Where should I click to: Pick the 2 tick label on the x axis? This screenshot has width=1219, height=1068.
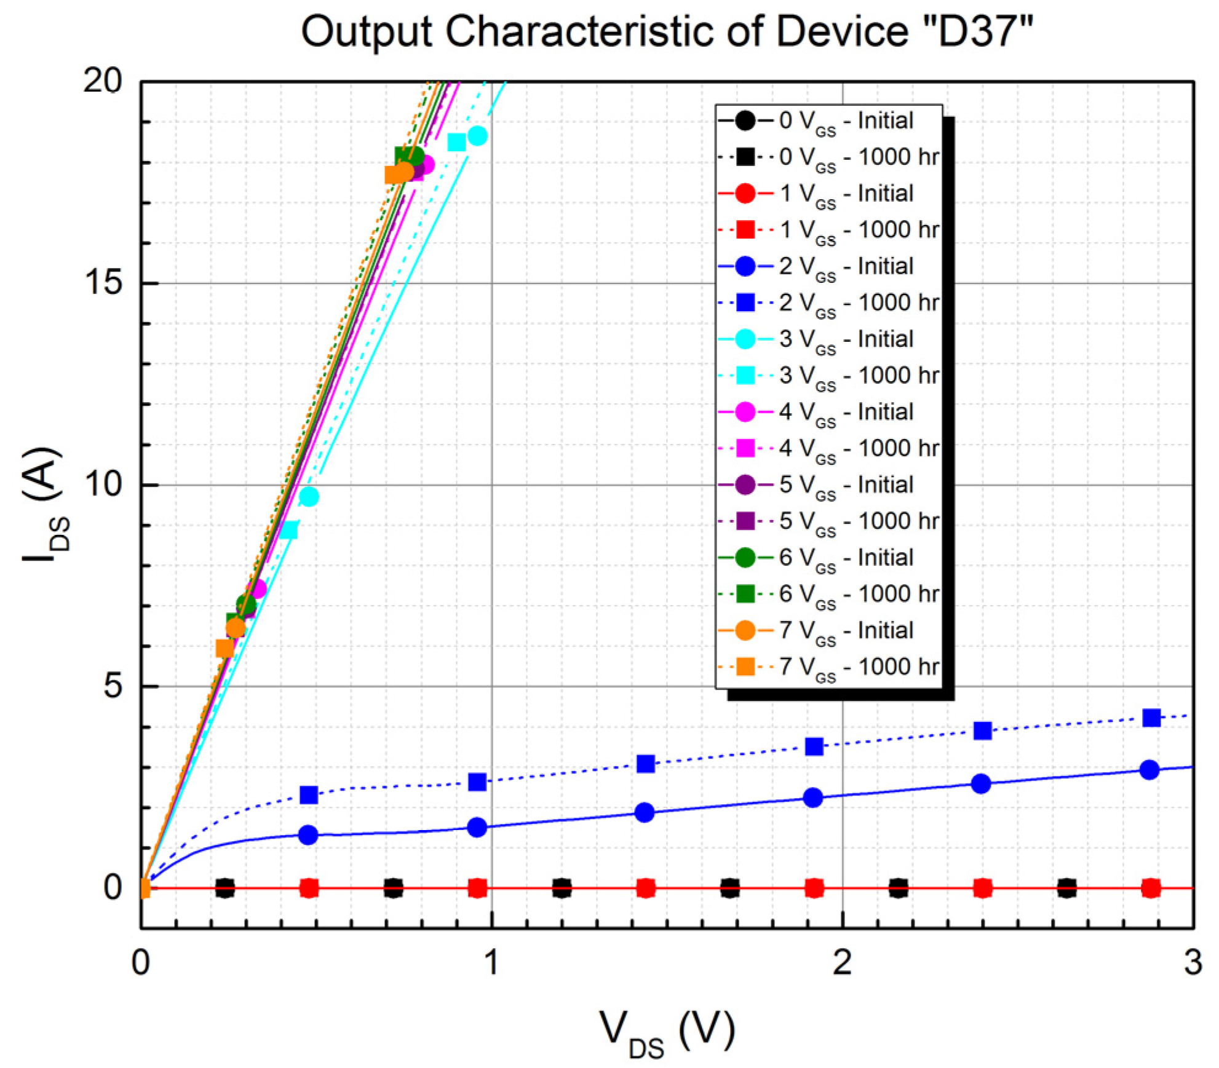[842, 963]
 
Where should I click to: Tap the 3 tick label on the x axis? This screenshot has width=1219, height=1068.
[1193, 963]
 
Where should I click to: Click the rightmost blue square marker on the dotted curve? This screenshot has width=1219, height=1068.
[1151, 718]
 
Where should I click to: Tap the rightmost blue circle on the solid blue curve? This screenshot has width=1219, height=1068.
[1149, 770]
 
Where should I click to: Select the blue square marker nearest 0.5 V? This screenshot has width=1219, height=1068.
[309, 795]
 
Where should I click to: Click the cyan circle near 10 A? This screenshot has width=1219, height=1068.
[309, 497]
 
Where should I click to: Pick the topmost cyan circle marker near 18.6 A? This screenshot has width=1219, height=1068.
[477, 136]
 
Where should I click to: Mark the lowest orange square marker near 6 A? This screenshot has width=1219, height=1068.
[225, 649]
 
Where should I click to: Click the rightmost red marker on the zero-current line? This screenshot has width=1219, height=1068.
[1151, 888]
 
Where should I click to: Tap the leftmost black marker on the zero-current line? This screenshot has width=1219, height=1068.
[225, 888]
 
